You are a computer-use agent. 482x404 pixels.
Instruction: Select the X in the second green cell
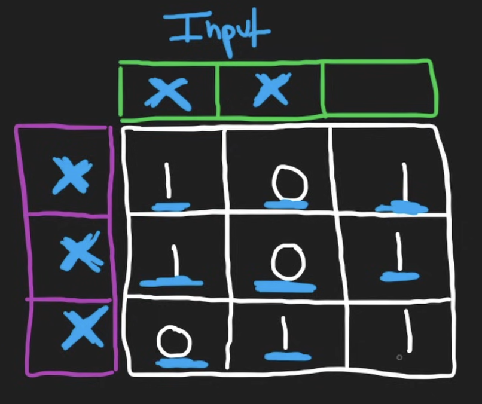[272, 88]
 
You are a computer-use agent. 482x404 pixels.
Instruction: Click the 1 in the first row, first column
[168, 182]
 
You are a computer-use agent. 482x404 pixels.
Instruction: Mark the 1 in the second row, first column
[174, 261]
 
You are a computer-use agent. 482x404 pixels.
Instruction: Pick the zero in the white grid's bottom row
[174, 342]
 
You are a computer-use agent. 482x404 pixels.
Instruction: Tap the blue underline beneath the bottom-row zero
[181, 363]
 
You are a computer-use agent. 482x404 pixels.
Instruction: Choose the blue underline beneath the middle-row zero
[285, 286]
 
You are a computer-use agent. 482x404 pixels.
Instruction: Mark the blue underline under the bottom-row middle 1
[287, 357]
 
